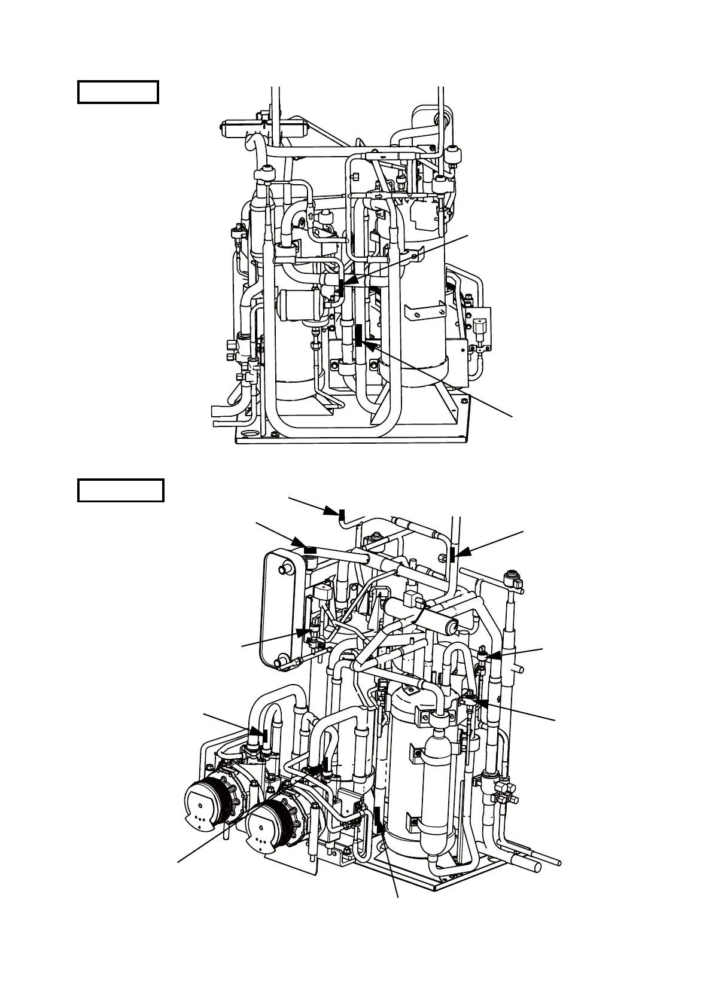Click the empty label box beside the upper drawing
118,93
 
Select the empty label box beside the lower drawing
120,490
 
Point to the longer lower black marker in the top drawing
358,335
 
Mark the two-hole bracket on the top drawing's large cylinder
425,311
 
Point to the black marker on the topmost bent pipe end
342,514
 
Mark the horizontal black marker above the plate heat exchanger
311,549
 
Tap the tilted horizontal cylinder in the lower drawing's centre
425,616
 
